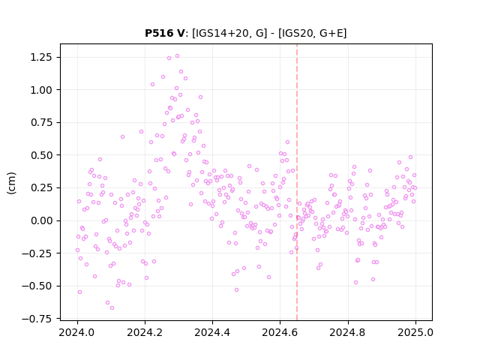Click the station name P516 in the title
point(159,33)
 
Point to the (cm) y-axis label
point(11,183)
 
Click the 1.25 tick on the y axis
point(40,57)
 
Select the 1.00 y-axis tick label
point(40,90)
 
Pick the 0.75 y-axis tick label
point(40,122)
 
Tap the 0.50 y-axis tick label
point(40,155)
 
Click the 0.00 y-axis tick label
point(40,220)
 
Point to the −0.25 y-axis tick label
point(37,253)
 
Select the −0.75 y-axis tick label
point(37,319)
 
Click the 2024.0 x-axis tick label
point(77,332)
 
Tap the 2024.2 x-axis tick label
point(145,332)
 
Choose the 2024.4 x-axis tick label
point(212,332)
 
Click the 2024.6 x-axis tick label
point(280,332)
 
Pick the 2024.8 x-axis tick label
point(348,332)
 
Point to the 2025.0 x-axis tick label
point(415,332)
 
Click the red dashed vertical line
point(297,182)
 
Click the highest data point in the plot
point(177,56)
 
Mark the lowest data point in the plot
point(112,307)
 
